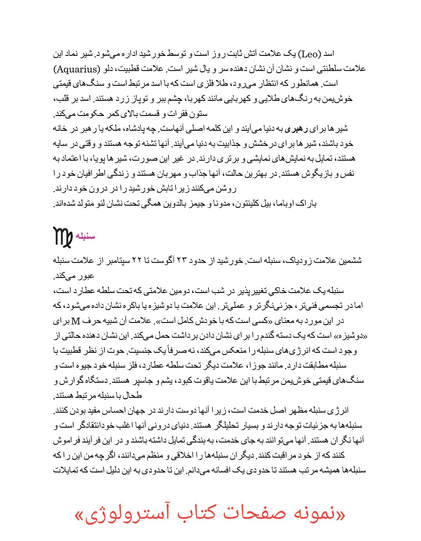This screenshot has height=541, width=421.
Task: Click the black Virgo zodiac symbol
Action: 63,237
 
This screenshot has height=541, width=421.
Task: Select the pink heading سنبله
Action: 85,236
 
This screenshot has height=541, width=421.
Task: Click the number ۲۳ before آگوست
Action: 180,261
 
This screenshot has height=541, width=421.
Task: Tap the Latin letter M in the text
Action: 76,321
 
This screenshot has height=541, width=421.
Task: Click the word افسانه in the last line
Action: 221,470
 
